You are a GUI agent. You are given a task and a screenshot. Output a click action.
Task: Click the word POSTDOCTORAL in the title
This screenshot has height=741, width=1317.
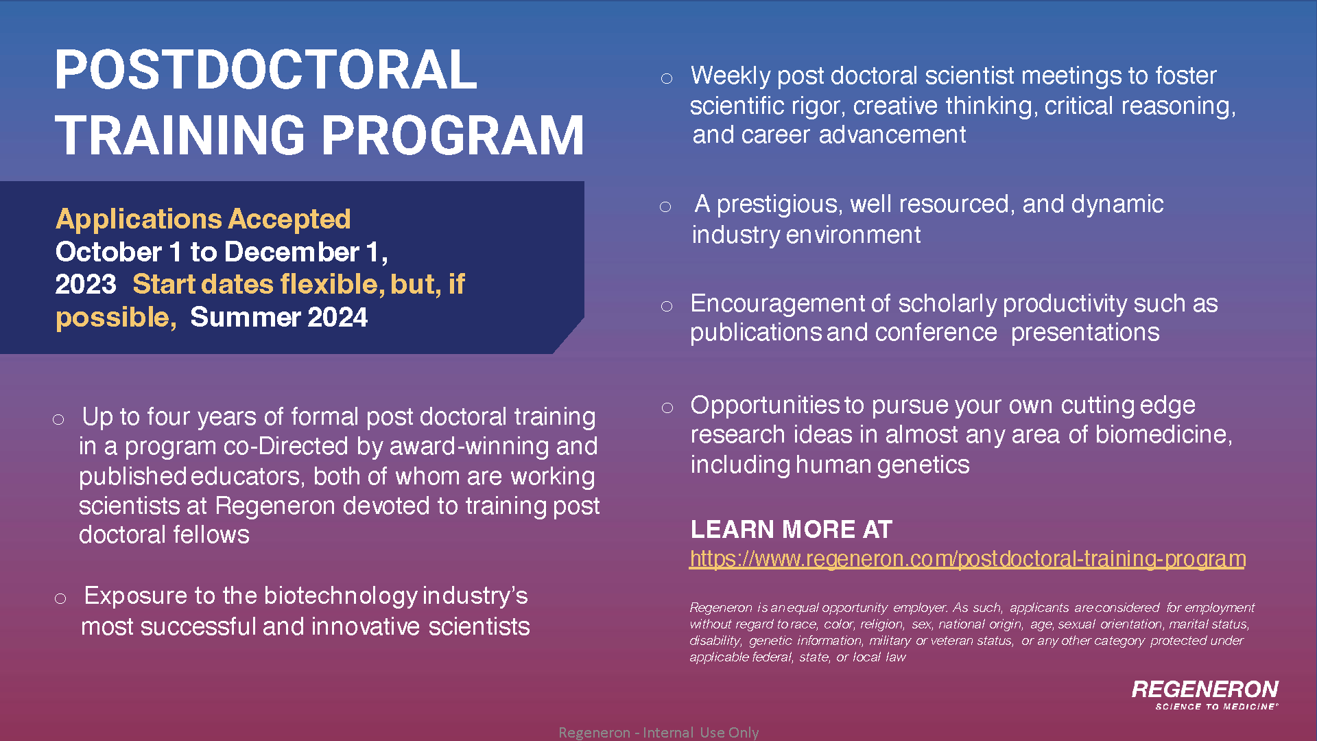(265, 70)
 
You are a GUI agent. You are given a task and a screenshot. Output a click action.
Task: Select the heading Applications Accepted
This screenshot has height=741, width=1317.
(203, 220)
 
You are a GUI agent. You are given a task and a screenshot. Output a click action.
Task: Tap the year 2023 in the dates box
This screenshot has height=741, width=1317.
(86, 284)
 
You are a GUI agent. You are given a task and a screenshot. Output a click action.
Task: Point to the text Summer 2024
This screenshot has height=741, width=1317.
(278, 317)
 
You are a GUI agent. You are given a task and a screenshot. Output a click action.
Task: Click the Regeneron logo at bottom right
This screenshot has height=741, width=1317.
(1205, 694)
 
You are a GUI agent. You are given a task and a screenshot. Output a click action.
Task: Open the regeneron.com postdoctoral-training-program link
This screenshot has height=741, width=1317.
(968, 558)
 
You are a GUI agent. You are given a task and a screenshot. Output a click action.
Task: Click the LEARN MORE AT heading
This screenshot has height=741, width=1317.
(791, 529)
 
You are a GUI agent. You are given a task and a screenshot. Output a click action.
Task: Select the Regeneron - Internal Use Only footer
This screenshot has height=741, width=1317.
(658, 732)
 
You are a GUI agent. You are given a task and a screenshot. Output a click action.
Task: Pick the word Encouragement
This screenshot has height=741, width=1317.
(777, 303)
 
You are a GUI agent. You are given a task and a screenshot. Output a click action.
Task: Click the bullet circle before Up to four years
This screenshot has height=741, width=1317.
(58, 419)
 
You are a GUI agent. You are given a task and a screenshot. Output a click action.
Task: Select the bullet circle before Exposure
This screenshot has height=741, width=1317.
(60, 598)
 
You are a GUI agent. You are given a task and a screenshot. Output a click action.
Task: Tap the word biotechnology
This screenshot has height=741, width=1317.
(341, 596)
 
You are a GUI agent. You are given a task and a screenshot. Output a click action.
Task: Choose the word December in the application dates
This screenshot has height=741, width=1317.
(292, 252)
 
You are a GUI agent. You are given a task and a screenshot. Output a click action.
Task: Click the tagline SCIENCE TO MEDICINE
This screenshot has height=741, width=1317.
(1215, 706)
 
